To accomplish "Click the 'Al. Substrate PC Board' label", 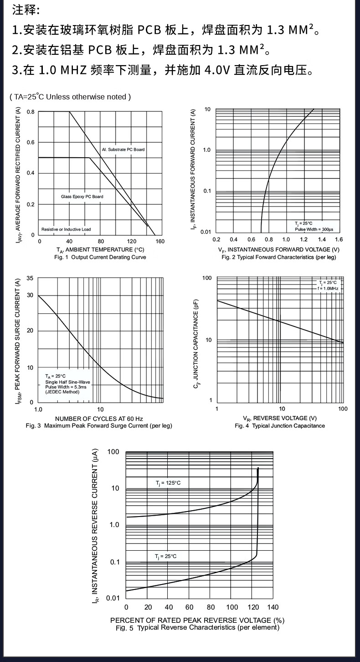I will pyautogui.click(x=123, y=150).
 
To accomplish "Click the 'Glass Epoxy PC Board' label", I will pyautogui.click(x=82, y=197).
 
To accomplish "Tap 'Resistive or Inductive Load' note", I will pyautogui.click(x=66, y=229).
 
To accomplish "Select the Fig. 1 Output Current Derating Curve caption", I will pyautogui.click(x=99, y=257).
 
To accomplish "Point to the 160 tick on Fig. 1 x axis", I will pyautogui.click(x=159, y=241).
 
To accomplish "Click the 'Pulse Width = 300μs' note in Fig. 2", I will pyautogui.click(x=314, y=229).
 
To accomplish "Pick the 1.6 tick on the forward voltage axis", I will pyautogui.click(x=339, y=240).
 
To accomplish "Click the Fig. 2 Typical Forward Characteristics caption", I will pyautogui.click(x=278, y=258).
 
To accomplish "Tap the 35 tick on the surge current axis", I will pyautogui.click(x=30, y=278).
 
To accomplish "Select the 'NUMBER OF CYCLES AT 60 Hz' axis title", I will pyautogui.click(x=99, y=419).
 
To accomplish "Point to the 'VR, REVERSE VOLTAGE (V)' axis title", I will pyautogui.click(x=280, y=419).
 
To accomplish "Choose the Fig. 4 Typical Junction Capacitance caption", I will pyautogui.click(x=280, y=426).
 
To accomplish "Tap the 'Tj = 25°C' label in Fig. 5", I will pyautogui.click(x=165, y=556).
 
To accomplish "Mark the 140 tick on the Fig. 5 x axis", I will pyautogui.click(x=273, y=607).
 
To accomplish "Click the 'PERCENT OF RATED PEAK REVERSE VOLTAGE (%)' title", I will pyautogui.click(x=197, y=621).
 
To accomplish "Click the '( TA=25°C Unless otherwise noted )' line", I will pyautogui.click(x=71, y=97).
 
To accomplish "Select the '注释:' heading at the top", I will pyautogui.click(x=26, y=10).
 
